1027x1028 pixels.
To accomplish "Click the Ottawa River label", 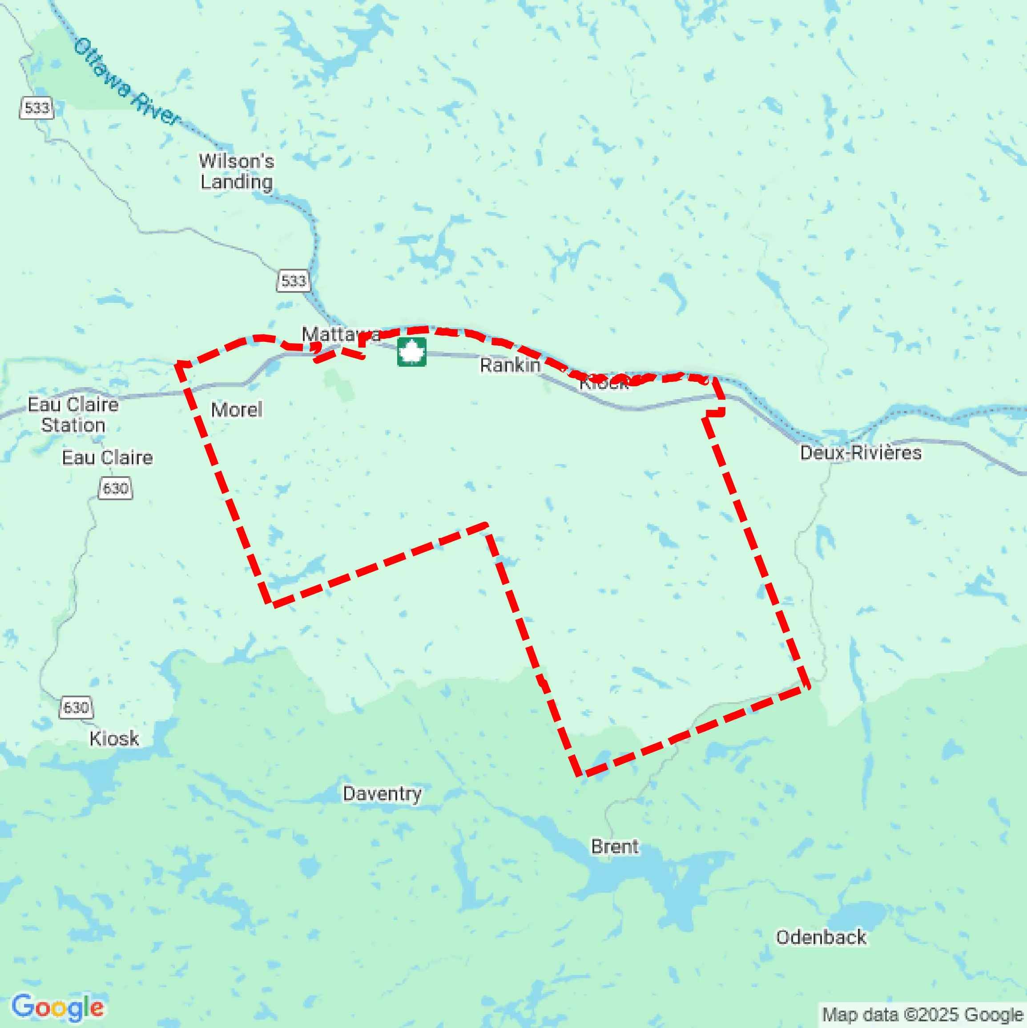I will coord(127,82).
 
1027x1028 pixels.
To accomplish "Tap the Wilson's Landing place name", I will coord(237,171).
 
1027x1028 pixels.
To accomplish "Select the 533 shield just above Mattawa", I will coord(294,280).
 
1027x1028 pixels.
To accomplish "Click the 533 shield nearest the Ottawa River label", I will coord(37,108).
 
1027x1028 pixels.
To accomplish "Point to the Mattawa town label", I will coord(340,334).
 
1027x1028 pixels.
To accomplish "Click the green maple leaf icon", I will coord(412,352).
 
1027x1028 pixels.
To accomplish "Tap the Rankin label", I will coord(510,365).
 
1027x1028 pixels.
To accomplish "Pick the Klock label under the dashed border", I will coord(604,383).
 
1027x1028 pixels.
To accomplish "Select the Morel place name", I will coord(237,410).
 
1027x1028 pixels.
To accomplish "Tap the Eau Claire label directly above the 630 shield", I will coord(108,457).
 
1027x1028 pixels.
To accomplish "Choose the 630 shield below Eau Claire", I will coord(115,488).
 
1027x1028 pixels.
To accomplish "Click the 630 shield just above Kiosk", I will coord(76,707).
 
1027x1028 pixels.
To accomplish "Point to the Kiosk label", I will coord(114,739).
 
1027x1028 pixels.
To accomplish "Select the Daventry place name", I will coord(382,793).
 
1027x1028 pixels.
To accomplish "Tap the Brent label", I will coord(615,846).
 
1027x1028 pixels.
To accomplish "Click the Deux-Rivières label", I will coord(861,453).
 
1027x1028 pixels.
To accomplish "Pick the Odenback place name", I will coord(821,937).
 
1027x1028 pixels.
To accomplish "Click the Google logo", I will coord(57,1007).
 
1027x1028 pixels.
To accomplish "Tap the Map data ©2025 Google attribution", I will coord(923,1014).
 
